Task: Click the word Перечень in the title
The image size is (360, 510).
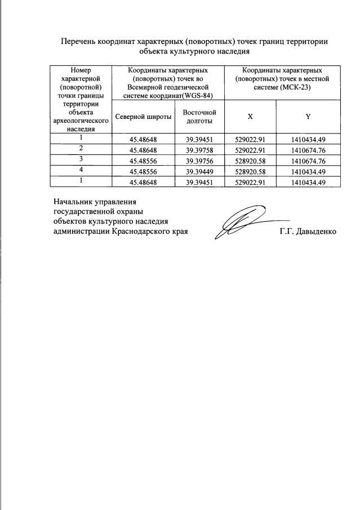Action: (78, 42)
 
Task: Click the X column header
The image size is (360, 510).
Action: (250, 117)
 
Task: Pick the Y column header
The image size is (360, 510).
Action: (308, 117)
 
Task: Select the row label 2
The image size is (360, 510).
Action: (81, 149)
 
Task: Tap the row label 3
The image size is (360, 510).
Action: (81, 160)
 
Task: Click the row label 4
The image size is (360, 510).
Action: (81, 171)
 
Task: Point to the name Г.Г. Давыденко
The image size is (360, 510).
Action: (308, 232)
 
